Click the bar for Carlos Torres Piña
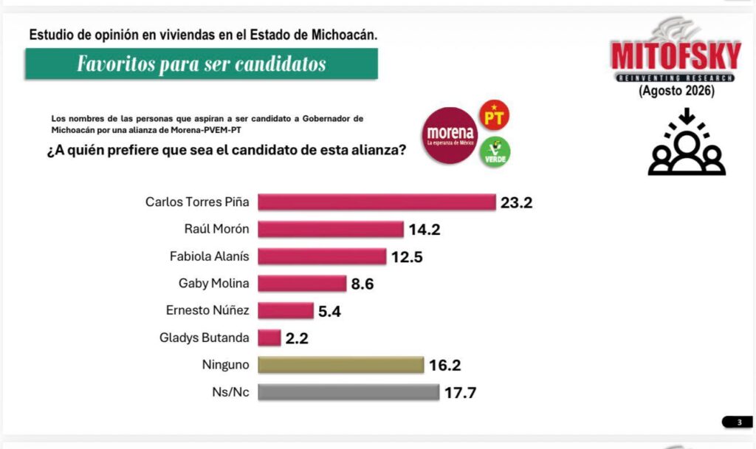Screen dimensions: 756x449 click(377, 202)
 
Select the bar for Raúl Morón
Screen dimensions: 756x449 click(331, 229)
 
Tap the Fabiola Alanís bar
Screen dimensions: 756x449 click(322, 256)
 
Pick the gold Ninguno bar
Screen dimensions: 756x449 click(341, 365)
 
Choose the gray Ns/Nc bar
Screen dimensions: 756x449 click(348, 392)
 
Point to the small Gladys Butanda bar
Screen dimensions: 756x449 click(269, 337)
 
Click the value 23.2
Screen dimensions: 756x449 click(516, 202)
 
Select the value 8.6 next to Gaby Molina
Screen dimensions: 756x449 click(362, 284)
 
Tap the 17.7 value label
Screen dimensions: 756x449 click(461, 393)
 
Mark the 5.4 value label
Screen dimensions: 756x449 click(330, 311)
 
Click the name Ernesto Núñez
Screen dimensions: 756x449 click(207, 310)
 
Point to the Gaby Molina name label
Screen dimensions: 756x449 click(213, 283)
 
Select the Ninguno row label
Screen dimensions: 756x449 click(226, 365)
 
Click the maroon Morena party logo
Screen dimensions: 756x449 click(450, 136)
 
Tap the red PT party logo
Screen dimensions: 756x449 click(494, 115)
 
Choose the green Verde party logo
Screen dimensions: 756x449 click(495, 152)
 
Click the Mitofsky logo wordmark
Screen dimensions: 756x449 click(676, 56)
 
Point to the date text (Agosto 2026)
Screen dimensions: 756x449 click(676, 91)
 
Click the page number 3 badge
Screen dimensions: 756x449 click(738, 422)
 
